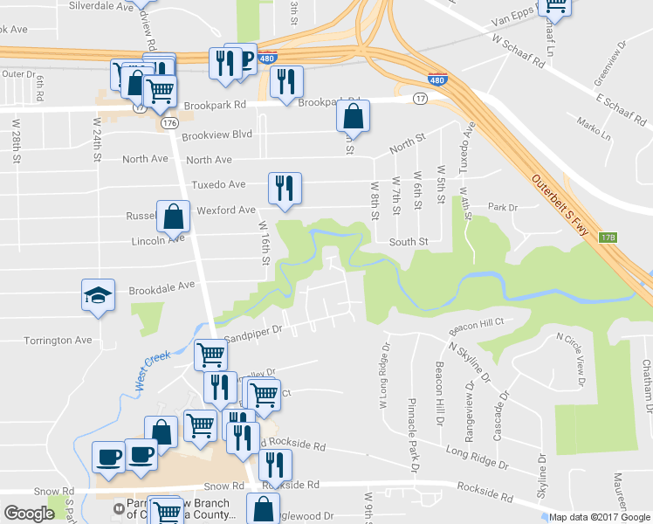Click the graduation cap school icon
(98, 296)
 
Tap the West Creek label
(152, 370)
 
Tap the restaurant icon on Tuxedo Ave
(285, 190)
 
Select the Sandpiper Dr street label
(254, 331)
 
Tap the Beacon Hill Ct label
(477, 327)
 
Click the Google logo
(29, 513)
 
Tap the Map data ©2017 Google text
(599, 516)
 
